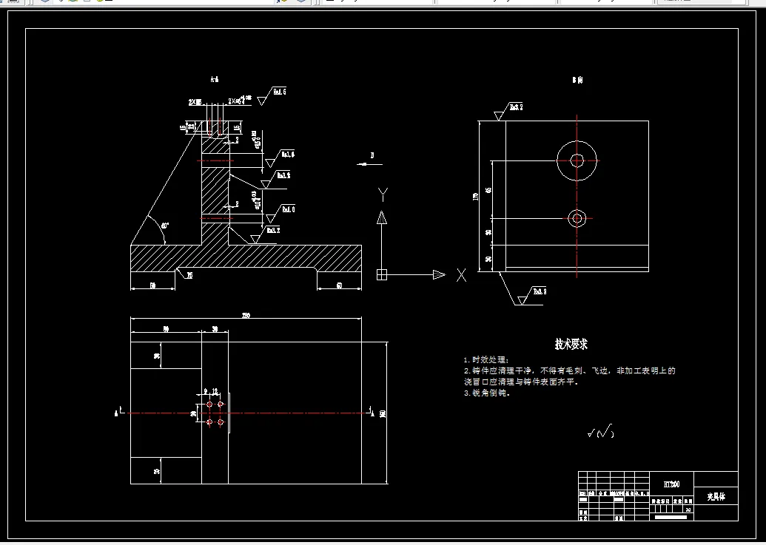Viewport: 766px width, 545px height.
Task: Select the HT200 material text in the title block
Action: tap(672, 484)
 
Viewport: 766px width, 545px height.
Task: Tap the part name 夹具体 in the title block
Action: tap(716, 497)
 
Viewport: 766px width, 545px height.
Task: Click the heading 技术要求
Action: tap(571, 345)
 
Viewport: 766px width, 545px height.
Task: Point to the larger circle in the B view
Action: tap(577, 160)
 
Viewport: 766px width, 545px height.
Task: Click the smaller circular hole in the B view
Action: tap(577, 217)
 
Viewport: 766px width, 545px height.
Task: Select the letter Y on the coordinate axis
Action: tap(383, 194)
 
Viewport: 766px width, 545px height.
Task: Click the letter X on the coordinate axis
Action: tap(461, 275)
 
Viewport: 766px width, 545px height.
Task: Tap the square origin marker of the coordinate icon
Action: tap(382, 275)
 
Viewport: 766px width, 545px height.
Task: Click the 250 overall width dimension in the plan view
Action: tap(246, 316)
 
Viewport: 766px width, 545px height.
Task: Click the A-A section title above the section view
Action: tap(215, 78)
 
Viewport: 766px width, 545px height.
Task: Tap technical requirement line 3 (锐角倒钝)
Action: tap(488, 393)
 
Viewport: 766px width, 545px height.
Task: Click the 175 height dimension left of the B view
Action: tap(476, 196)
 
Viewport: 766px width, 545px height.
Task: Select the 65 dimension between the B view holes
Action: tap(488, 190)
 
